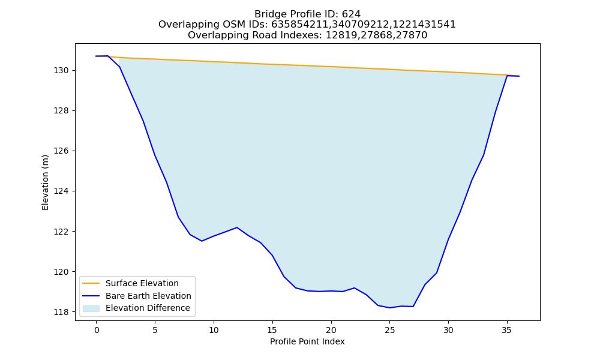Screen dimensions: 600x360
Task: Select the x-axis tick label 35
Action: pyautogui.click(x=506, y=330)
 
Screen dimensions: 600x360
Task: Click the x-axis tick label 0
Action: pyautogui.click(x=96, y=330)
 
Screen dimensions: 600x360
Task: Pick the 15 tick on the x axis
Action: pyautogui.click(x=272, y=330)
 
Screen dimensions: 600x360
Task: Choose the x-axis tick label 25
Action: pyautogui.click(x=389, y=330)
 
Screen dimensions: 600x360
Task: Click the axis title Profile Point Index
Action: pyautogui.click(x=307, y=341)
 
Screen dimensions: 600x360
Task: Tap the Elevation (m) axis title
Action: pyautogui.click(x=45, y=182)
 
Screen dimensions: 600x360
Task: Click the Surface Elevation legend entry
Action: pyautogui.click(x=142, y=283)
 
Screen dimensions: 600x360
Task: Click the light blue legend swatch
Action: pyautogui.click(x=91, y=308)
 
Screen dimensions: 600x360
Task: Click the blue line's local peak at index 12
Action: pyautogui.click(x=237, y=227)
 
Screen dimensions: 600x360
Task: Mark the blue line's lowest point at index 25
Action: pyautogui.click(x=389, y=308)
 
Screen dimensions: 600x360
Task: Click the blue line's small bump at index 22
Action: pyautogui.click(x=355, y=287)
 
